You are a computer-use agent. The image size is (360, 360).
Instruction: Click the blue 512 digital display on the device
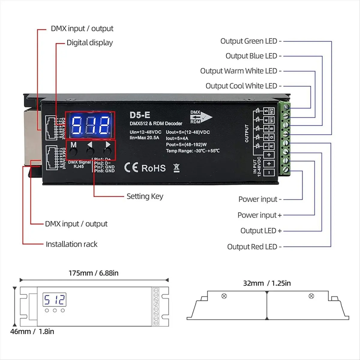(90, 125)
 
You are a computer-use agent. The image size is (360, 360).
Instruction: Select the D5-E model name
(140, 115)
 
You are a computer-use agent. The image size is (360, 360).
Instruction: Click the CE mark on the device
(131, 168)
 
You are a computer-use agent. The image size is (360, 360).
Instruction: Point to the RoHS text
(153, 168)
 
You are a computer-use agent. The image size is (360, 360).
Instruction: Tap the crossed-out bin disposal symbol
(177, 168)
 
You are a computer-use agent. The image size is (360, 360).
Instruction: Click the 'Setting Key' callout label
(145, 196)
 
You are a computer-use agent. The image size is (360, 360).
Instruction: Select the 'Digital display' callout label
(89, 43)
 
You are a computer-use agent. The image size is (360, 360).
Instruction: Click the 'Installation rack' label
(71, 244)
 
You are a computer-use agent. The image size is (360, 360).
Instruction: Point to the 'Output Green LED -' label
(251, 41)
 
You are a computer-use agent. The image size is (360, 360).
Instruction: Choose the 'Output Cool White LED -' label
(243, 86)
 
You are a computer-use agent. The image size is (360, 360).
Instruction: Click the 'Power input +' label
(259, 215)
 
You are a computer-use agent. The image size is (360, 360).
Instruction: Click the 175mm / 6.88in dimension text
(94, 273)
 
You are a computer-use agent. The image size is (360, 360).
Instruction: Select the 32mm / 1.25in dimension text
(267, 283)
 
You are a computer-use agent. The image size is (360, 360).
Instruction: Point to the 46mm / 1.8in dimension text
(32, 331)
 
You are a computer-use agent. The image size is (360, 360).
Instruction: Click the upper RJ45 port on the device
(51, 127)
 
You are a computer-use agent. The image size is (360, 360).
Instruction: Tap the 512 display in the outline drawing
(54, 299)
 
